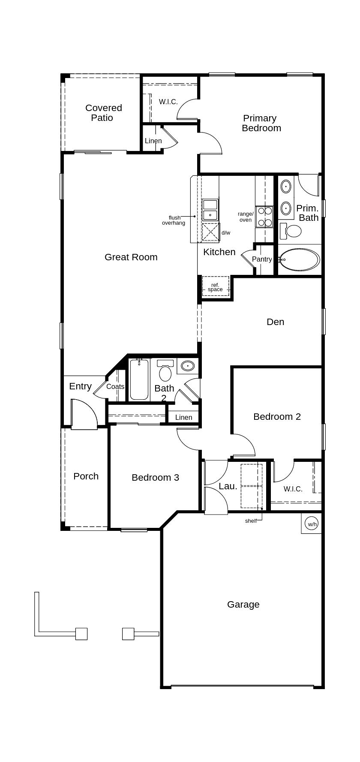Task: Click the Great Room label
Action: point(131,257)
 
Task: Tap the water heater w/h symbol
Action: point(312,524)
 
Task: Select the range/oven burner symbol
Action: point(264,217)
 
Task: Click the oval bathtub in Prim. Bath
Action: point(300,259)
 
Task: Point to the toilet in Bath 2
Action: point(165,372)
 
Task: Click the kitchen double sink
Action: point(210,209)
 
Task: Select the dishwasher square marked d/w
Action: point(210,232)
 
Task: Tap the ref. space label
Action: point(215,287)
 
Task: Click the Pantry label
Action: point(261,259)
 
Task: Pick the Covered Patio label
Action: point(103,113)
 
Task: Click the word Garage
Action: point(243,604)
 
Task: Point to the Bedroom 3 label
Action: point(155,477)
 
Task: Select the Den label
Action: point(275,322)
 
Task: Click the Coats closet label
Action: point(115,386)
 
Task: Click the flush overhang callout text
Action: point(174,220)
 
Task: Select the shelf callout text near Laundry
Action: point(251,521)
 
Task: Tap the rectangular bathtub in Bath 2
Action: point(139,379)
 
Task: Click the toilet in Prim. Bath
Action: point(291,230)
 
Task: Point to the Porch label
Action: point(86,476)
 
